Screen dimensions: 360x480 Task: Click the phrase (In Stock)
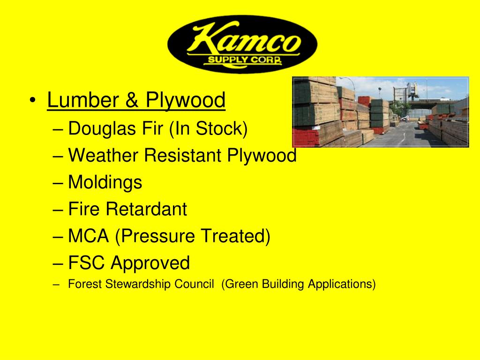point(208,128)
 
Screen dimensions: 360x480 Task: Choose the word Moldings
point(105,182)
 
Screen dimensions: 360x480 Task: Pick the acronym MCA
point(89,236)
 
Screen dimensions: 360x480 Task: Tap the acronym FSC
point(87,262)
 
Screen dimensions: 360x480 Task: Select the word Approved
point(150,263)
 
